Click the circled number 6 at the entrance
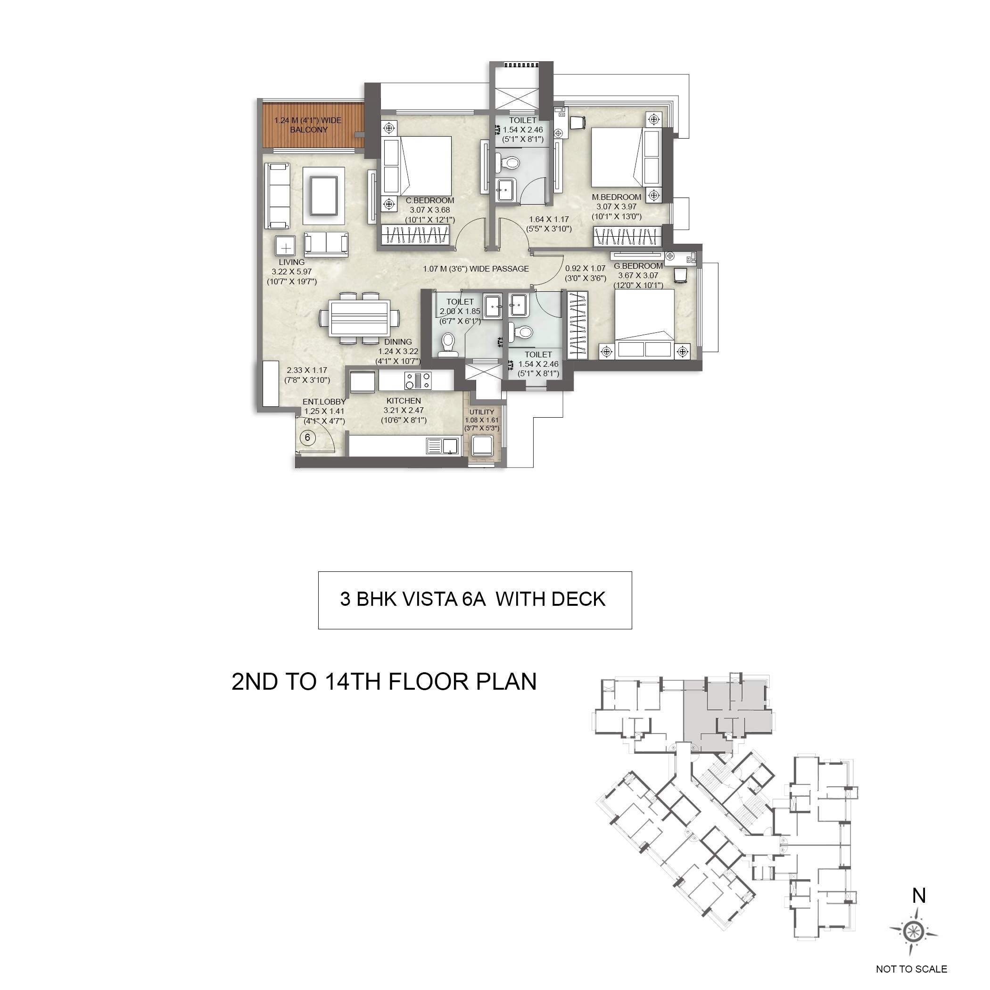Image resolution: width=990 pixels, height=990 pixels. point(307,437)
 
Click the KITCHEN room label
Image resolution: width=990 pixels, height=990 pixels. point(404,401)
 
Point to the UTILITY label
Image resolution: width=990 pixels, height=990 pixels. point(482,412)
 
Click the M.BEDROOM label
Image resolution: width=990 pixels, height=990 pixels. point(617,197)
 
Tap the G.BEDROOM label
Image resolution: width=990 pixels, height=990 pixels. point(638,266)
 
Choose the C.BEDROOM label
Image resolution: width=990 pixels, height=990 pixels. point(429,200)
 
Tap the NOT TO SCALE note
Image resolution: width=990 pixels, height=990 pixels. point(911,969)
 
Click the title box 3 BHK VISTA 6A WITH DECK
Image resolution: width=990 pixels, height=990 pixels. point(475,600)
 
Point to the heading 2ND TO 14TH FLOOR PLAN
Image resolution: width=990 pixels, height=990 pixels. point(384,682)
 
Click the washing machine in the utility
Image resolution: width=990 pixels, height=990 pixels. point(482,446)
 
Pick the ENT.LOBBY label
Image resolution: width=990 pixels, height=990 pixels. point(324,402)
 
